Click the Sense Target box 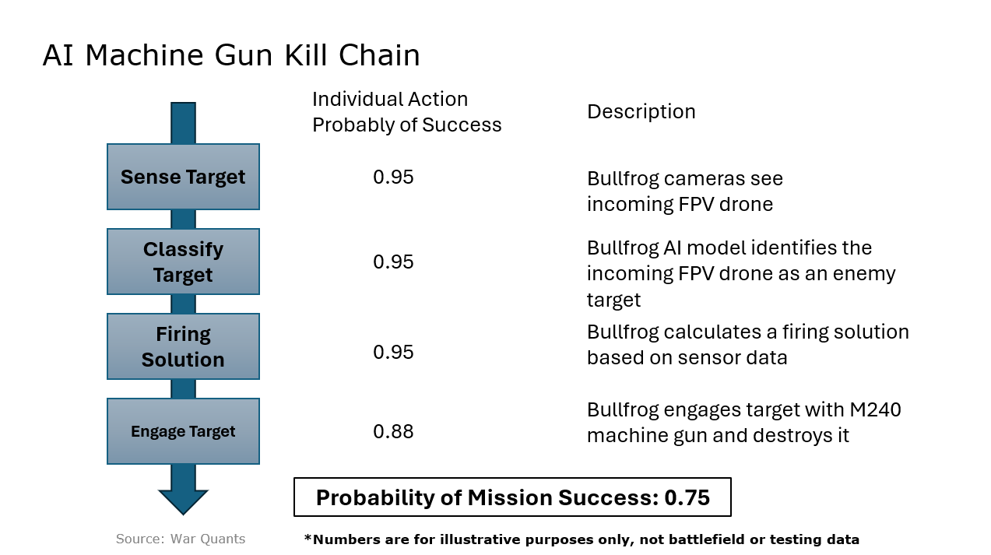pyautogui.click(x=183, y=177)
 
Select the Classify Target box pyautogui.click(x=183, y=262)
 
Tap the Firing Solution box pyautogui.click(x=183, y=346)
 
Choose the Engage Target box pyautogui.click(x=183, y=431)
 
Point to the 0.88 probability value pyautogui.click(x=393, y=431)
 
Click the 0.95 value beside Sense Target pyautogui.click(x=393, y=177)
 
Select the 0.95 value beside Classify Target pyautogui.click(x=393, y=262)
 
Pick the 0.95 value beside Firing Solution pyautogui.click(x=393, y=352)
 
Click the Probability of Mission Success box pyautogui.click(x=512, y=497)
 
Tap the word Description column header pyautogui.click(x=641, y=112)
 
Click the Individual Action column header pyautogui.click(x=390, y=100)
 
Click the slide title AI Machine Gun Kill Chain pyautogui.click(x=231, y=56)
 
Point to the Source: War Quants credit pyautogui.click(x=181, y=539)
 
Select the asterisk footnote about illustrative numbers pyautogui.click(x=582, y=539)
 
